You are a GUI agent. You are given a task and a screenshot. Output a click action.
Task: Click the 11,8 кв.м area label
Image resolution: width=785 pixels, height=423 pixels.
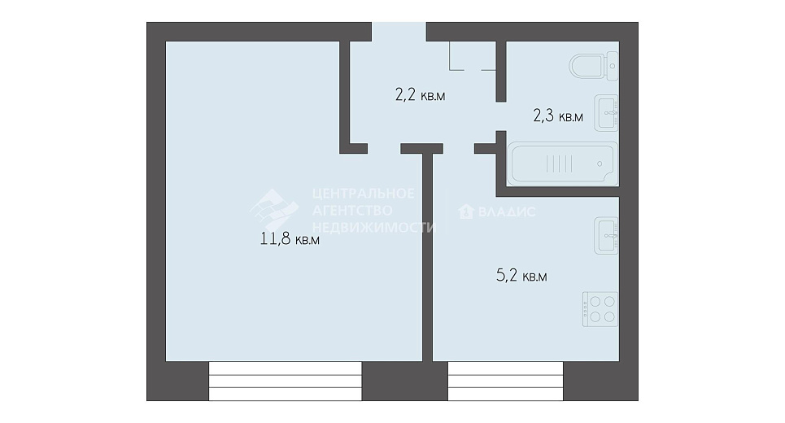coord(290,239)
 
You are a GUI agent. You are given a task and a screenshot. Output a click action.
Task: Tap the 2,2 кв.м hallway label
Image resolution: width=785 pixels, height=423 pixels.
coord(420,94)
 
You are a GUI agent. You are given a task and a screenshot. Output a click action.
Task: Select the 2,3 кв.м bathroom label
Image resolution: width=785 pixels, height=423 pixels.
coord(558,116)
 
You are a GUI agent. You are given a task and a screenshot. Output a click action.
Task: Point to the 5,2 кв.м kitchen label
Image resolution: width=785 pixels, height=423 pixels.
coord(521,275)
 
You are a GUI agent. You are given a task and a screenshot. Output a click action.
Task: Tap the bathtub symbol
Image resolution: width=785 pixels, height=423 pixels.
coord(563,164)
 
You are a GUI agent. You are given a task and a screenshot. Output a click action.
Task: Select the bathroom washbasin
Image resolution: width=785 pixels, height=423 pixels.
coord(606,113)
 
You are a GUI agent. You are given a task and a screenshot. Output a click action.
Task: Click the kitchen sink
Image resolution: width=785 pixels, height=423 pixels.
coord(606,235)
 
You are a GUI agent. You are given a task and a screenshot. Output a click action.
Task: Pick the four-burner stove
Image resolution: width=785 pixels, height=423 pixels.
coord(600,309)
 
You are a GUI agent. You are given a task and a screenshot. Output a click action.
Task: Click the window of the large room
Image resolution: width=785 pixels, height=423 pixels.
coord(285,381)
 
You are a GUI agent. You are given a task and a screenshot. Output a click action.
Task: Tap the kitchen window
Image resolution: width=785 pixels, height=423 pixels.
coord(506,381)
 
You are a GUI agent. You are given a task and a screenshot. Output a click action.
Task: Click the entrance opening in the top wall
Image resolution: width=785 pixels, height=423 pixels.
coord(399,32)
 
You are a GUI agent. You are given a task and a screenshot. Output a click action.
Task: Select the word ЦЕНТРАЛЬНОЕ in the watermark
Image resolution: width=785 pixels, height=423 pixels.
coord(364,194)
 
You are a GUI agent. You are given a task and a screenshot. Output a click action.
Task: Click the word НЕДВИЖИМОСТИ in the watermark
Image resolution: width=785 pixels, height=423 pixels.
coord(374,227)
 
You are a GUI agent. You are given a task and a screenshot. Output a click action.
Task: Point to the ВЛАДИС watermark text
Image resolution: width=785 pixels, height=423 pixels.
coord(507,211)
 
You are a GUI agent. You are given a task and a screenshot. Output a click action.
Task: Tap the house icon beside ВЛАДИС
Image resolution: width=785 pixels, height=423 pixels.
coord(466,211)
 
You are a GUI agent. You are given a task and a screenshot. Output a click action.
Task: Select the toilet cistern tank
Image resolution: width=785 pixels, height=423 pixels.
coord(613,66)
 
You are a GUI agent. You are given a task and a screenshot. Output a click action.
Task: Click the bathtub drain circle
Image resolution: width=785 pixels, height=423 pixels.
coord(600,164)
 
